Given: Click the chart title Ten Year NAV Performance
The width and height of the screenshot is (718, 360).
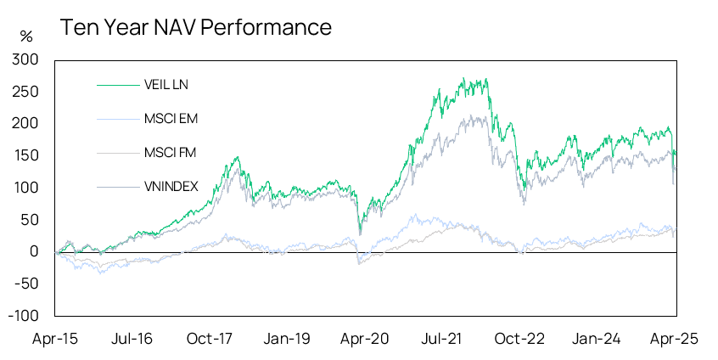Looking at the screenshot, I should point(195,27).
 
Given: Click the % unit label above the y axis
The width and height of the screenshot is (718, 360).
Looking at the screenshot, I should point(26,37).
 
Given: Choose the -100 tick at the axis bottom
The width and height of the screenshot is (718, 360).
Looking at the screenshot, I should point(24,315).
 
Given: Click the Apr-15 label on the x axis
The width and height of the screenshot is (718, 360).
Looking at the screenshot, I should point(54,338).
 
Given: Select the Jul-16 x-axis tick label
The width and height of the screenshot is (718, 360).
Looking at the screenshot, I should point(132,338).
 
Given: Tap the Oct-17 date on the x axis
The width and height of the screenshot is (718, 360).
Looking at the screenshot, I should point(210,338).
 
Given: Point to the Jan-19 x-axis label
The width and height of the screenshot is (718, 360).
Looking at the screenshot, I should point(287,338).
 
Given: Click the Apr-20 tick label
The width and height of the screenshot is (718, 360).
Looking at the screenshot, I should point(365,338).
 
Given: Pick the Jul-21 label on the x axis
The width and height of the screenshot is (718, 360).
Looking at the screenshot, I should point(442,338).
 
